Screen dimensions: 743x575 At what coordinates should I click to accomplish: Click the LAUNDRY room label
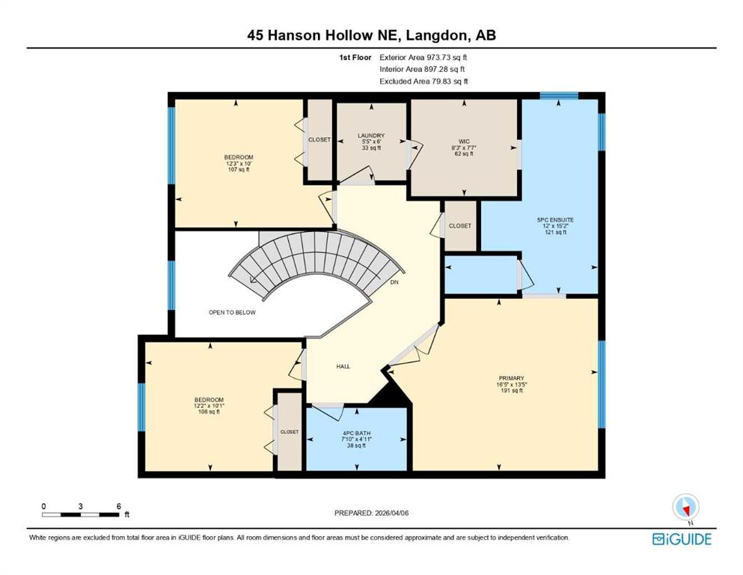(x=371, y=136)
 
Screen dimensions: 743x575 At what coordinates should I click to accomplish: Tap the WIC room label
(x=464, y=142)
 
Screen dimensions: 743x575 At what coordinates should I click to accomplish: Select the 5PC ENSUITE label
(x=555, y=220)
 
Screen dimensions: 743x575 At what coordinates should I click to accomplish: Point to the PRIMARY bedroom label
(x=511, y=378)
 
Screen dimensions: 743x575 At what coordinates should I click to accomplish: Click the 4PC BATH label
(x=356, y=433)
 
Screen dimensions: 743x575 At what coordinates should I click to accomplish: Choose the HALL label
(x=343, y=366)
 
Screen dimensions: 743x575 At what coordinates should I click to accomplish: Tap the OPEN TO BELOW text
(x=232, y=312)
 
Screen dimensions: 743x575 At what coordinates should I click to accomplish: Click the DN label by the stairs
(x=394, y=282)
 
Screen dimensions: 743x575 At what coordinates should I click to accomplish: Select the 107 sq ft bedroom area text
(x=239, y=169)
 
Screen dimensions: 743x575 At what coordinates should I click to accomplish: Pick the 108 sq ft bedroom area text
(x=209, y=412)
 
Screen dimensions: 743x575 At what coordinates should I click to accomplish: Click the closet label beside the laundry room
(x=319, y=140)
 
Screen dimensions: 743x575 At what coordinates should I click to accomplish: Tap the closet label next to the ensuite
(x=459, y=225)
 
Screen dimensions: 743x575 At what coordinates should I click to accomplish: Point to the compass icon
(x=685, y=508)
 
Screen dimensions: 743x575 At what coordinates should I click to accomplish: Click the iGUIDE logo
(x=682, y=539)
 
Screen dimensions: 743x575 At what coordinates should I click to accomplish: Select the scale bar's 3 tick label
(x=81, y=506)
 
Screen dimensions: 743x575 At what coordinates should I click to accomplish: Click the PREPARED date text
(x=371, y=513)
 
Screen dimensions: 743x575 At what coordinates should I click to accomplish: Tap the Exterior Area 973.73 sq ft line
(x=424, y=58)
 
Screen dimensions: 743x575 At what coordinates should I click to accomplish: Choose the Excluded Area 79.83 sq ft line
(x=424, y=81)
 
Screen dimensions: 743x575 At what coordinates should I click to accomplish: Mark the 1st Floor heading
(x=355, y=58)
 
